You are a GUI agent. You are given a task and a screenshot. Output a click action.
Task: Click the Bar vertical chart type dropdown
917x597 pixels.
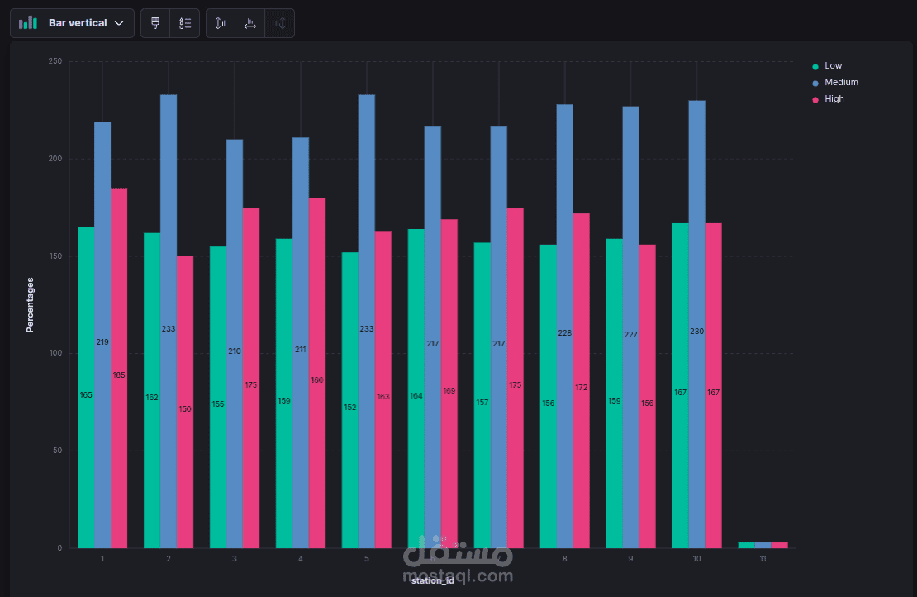point(72,23)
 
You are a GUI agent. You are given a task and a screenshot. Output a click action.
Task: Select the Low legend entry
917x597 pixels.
point(833,66)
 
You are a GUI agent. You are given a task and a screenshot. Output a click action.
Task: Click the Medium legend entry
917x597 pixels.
point(841,83)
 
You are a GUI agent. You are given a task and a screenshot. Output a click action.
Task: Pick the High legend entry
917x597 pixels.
point(834,99)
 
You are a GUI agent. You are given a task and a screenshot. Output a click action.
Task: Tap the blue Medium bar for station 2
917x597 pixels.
point(169,248)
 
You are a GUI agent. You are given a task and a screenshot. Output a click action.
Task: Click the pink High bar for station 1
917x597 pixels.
point(119,289)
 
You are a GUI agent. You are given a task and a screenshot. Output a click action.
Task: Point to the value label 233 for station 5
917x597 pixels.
point(367,329)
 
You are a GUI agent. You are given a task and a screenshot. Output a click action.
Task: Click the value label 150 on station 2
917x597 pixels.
point(185,409)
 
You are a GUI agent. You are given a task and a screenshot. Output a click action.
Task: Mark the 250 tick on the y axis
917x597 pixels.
point(55,62)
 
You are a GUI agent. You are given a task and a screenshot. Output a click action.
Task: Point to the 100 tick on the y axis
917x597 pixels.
point(55,354)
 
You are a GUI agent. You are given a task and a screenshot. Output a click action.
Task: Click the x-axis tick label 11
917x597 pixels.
point(763,560)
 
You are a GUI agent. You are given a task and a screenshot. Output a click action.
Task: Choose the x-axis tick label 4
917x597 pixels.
point(301,560)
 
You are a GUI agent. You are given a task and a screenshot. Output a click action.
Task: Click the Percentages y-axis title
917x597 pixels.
point(31,304)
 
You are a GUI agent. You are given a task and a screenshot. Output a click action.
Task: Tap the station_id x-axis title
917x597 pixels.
point(432,580)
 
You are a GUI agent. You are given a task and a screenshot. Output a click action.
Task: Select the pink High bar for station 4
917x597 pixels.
point(317,289)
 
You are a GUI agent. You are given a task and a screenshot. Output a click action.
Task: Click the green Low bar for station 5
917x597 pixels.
point(350,331)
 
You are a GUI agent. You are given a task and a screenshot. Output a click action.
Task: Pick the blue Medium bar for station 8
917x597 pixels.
point(565,248)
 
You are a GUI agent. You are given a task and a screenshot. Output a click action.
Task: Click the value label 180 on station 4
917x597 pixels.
point(317,380)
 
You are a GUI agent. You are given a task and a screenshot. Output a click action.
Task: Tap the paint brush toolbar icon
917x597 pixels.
point(155,23)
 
